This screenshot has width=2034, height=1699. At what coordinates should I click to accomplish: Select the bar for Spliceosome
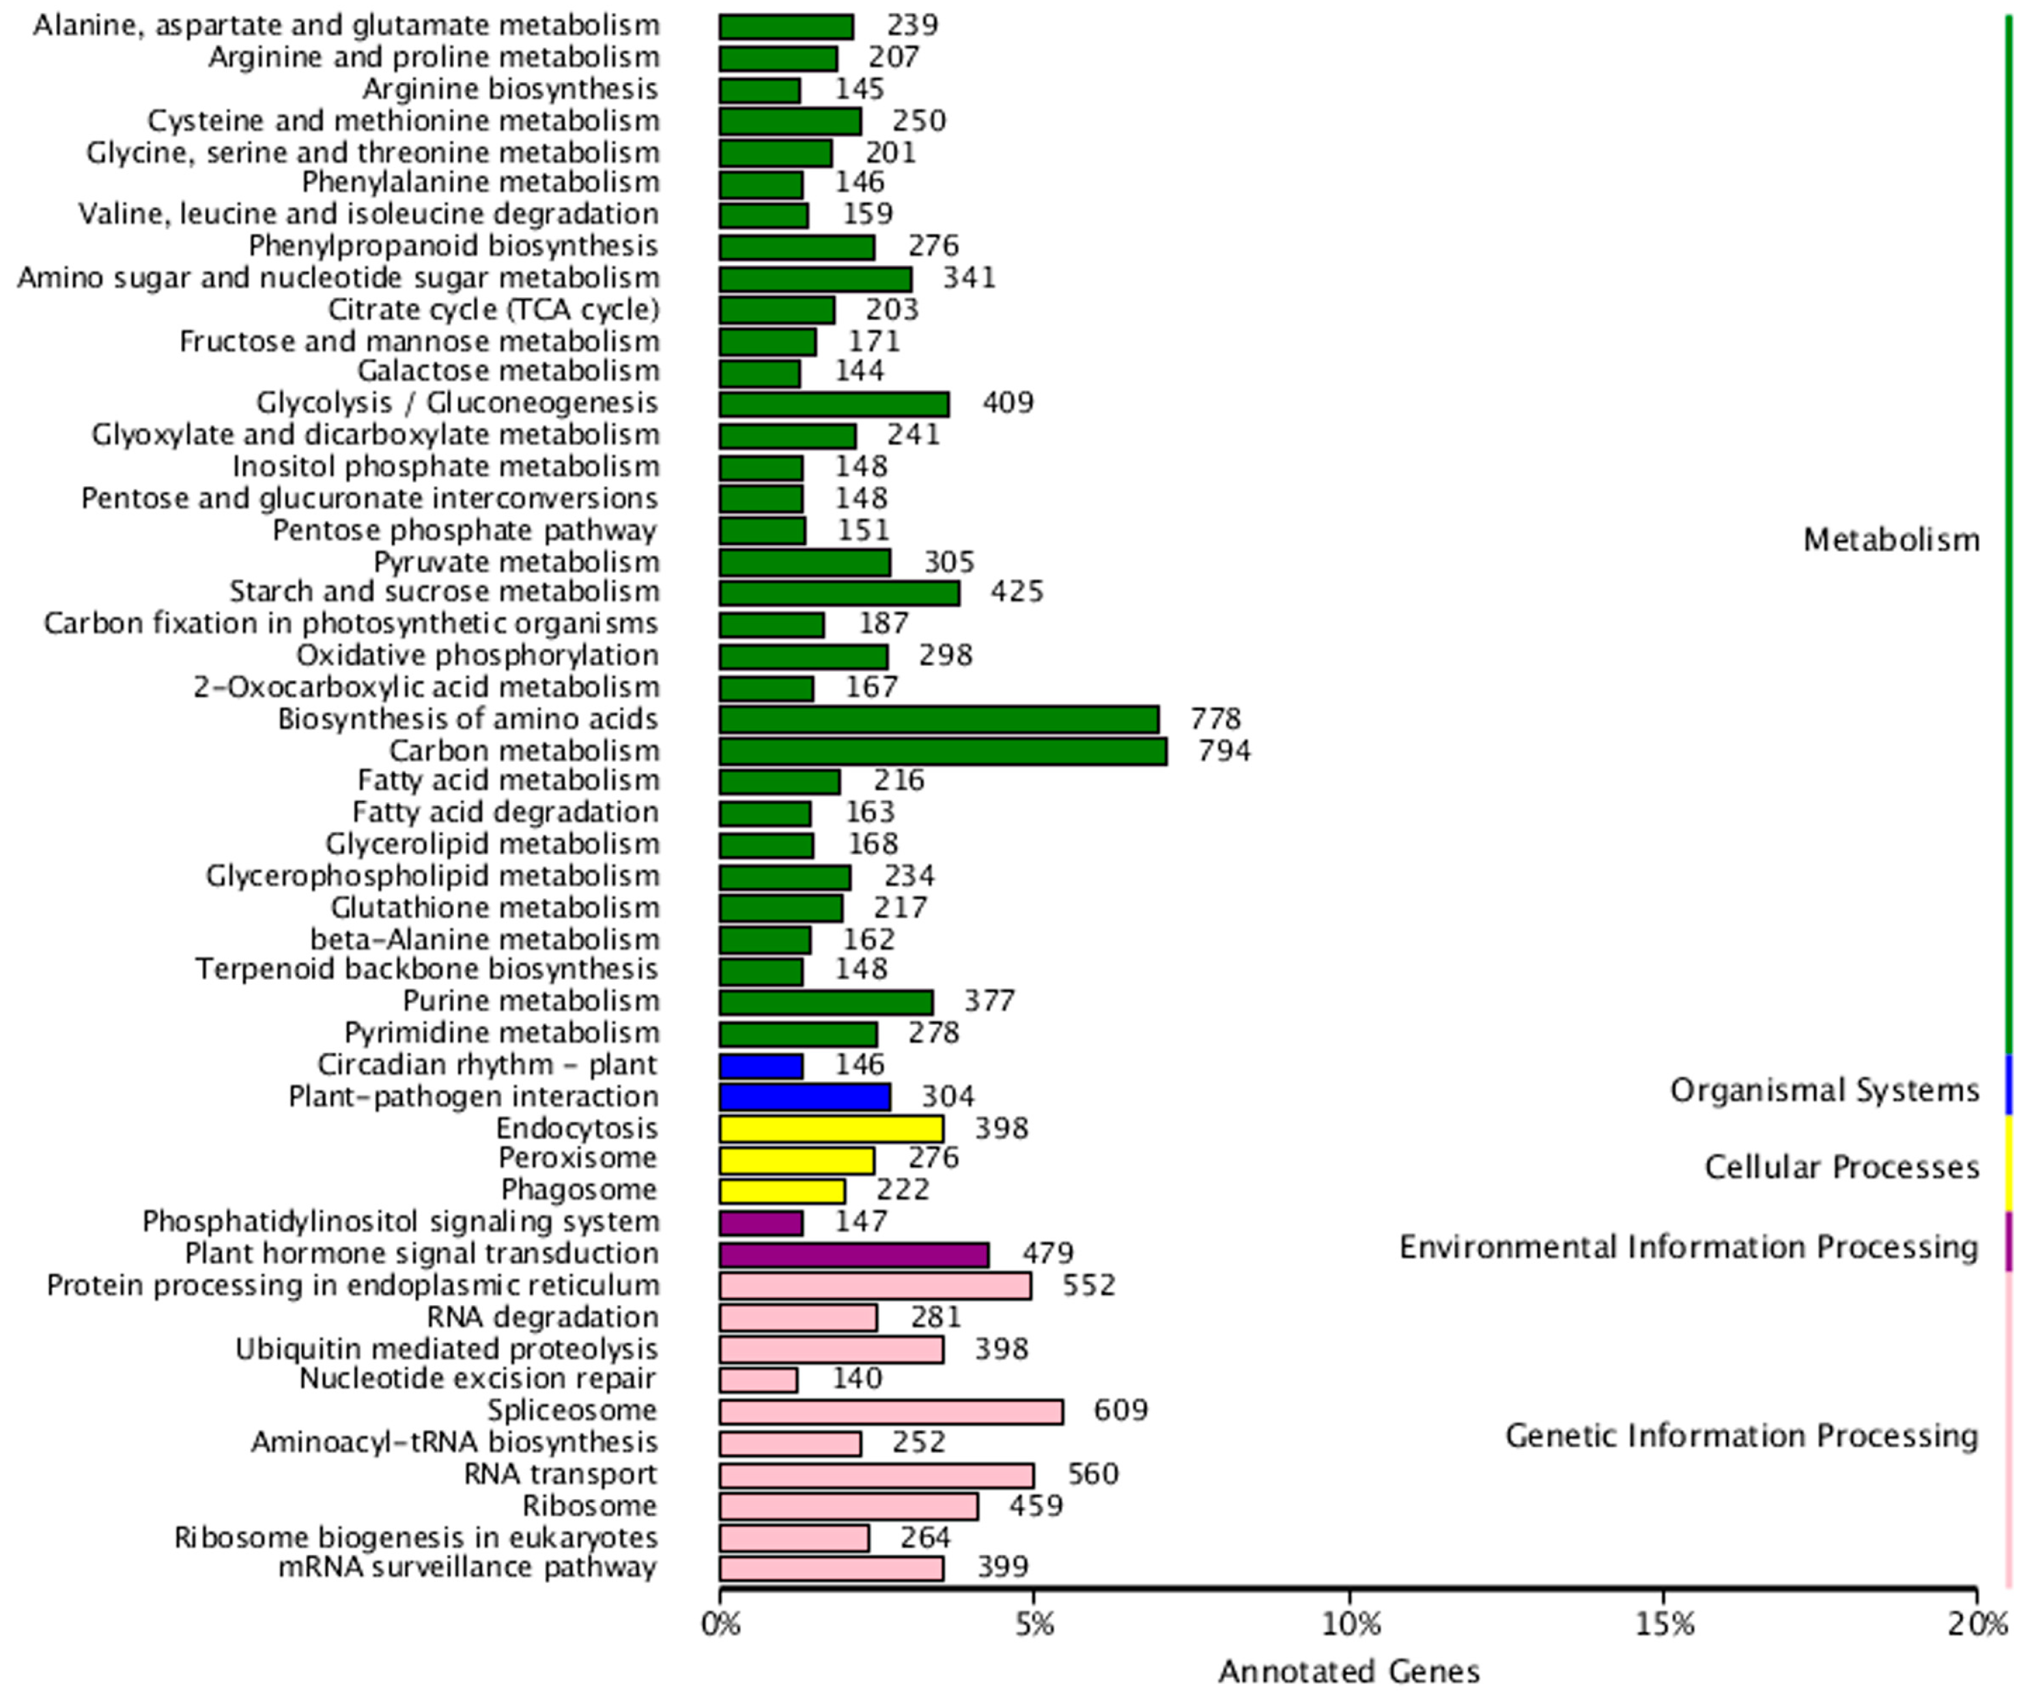(890, 1412)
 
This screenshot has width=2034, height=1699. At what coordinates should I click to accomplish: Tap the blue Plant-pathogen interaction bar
(804, 1097)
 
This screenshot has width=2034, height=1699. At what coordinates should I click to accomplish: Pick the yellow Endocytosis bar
(830, 1129)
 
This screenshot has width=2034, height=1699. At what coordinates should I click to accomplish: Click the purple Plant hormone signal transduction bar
(853, 1254)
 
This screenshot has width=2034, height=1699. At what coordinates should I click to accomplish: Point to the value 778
(1215, 719)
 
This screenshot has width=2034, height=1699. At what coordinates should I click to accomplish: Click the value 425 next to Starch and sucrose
(1016, 591)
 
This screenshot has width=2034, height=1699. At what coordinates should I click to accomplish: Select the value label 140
(857, 1377)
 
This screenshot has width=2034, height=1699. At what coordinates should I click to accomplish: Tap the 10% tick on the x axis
(1349, 1623)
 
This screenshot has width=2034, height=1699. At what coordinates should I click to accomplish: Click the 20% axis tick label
(1977, 1623)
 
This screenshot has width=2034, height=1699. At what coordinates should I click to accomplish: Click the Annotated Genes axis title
(1348, 1671)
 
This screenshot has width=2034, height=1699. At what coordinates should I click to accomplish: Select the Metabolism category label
(1891, 539)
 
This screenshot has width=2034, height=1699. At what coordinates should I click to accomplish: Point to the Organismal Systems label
(1824, 1090)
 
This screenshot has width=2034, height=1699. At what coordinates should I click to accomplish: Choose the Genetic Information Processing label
(1740, 1435)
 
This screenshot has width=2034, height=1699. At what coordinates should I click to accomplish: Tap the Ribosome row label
(589, 1505)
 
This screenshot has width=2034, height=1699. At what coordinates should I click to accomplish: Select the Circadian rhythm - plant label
(488, 1065)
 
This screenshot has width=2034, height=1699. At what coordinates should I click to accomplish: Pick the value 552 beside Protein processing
(1088, 1284)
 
